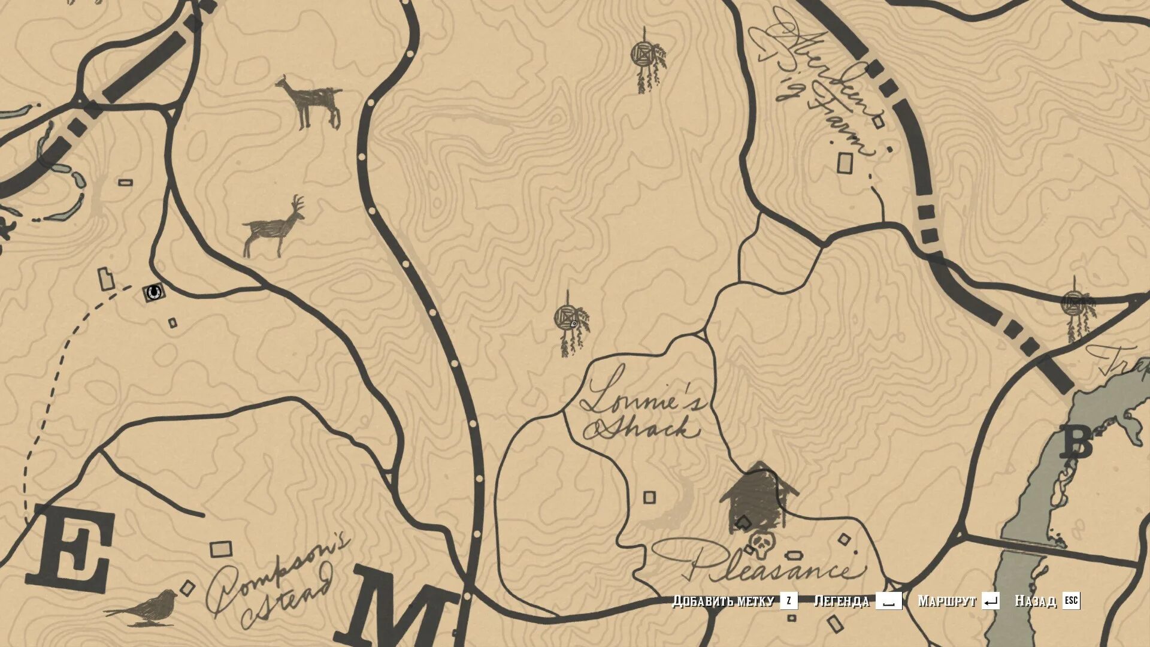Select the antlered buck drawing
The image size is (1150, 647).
pyautogui.click(x=273, y=228)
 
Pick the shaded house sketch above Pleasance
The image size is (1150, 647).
pyautogui.click(x=758, y=495)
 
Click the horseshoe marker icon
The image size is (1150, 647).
pyautogui.click(x=154, y=292)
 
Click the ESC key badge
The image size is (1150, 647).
pyautogui.click(x=1071, y=600)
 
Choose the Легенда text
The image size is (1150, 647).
pyautogui.click(x=841, y=600)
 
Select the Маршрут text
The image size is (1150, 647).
pyautogui.click(x=947, y=600)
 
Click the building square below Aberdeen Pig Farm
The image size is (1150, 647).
pyautogui.click(x=845, y=163)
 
